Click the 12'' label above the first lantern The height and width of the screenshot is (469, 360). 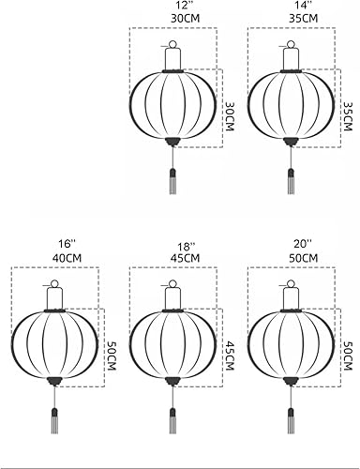click(185, 6)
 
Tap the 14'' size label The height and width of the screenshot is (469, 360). click(303, 6)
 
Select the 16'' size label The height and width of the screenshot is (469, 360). click(67, 245)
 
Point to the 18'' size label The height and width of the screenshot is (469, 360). click(185, 247)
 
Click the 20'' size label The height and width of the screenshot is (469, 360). click(303, 245)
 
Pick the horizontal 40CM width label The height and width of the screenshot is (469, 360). click(67, 258)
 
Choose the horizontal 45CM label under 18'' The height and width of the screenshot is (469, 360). click(185, 258)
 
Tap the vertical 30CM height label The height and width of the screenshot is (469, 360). click(230, 116)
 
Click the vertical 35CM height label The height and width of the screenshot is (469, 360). click(348, 116)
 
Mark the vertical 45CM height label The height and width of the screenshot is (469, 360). click(230, 356)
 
